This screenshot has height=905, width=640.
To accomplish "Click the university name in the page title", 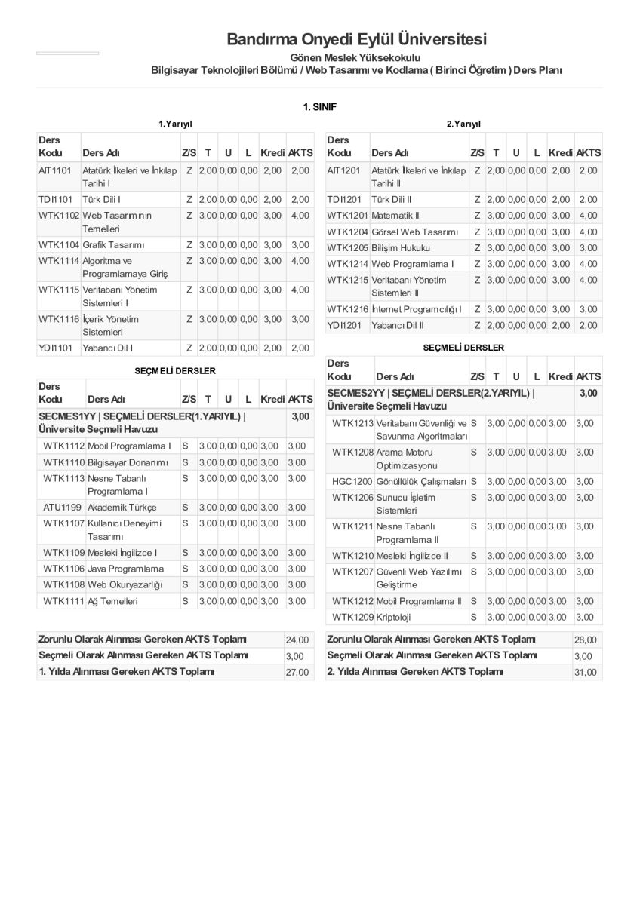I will (357, 39).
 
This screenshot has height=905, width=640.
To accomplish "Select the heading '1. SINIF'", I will (319, 107).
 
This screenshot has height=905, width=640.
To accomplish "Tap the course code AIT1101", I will (55, 171).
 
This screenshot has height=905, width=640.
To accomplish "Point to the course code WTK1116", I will (59, 319).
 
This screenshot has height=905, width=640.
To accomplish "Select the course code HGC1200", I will (352, 481).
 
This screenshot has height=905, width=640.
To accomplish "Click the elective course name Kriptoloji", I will (393, 618).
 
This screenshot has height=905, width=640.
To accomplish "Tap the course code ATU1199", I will (62, 508).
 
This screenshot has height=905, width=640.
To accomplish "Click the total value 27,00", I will (297, 673).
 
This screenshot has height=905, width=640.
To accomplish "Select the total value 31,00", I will (586, 673).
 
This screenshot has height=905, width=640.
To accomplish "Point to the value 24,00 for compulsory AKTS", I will (297, 640).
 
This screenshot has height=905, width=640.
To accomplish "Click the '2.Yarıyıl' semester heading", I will (463, 124).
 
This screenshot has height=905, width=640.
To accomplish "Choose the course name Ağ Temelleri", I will (113, 601).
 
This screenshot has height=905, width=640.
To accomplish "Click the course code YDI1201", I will (345, 326).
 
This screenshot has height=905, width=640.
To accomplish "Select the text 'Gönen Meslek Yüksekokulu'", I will (355, 57).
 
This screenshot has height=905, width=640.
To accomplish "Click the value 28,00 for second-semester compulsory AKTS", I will (586, 640).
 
